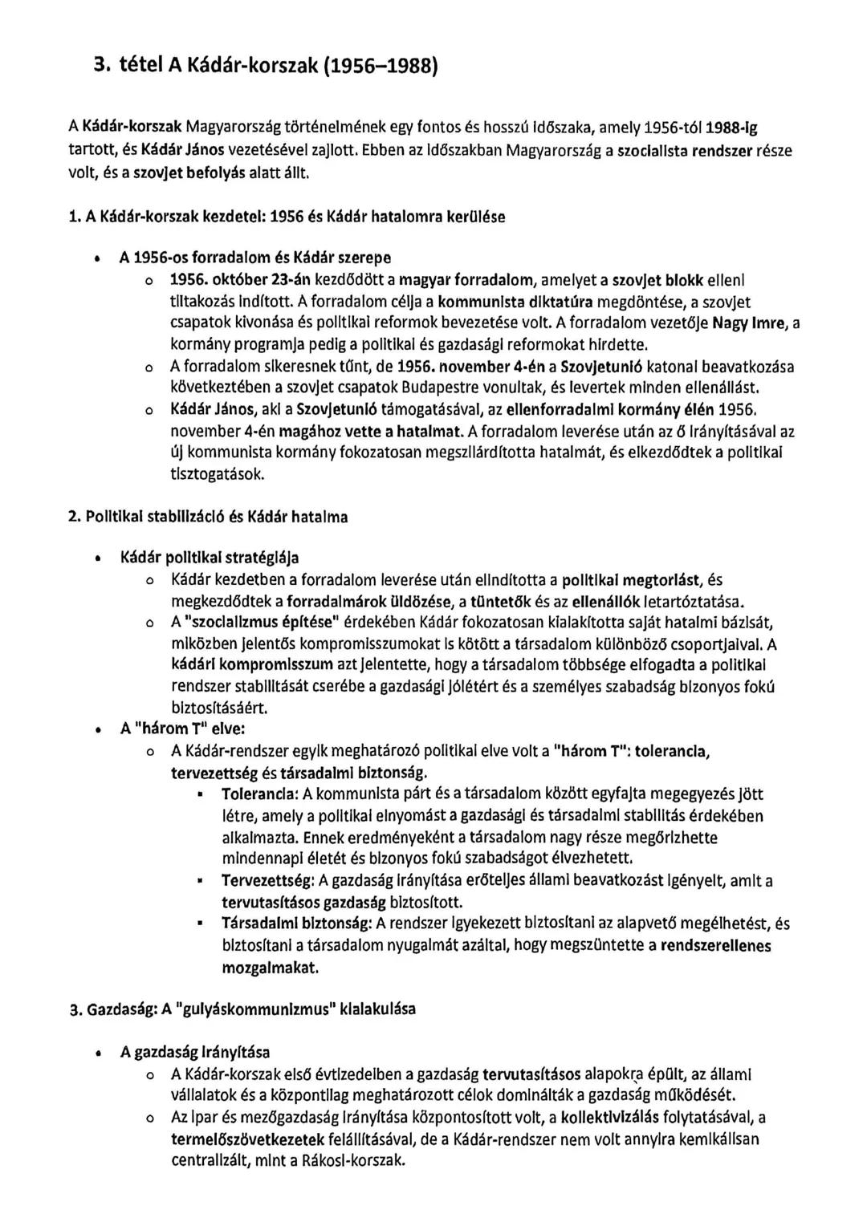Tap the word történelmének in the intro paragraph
pyautogui.click(x=332, y=128)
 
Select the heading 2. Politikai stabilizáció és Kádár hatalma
pyautogui.click(x=208, y=518)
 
